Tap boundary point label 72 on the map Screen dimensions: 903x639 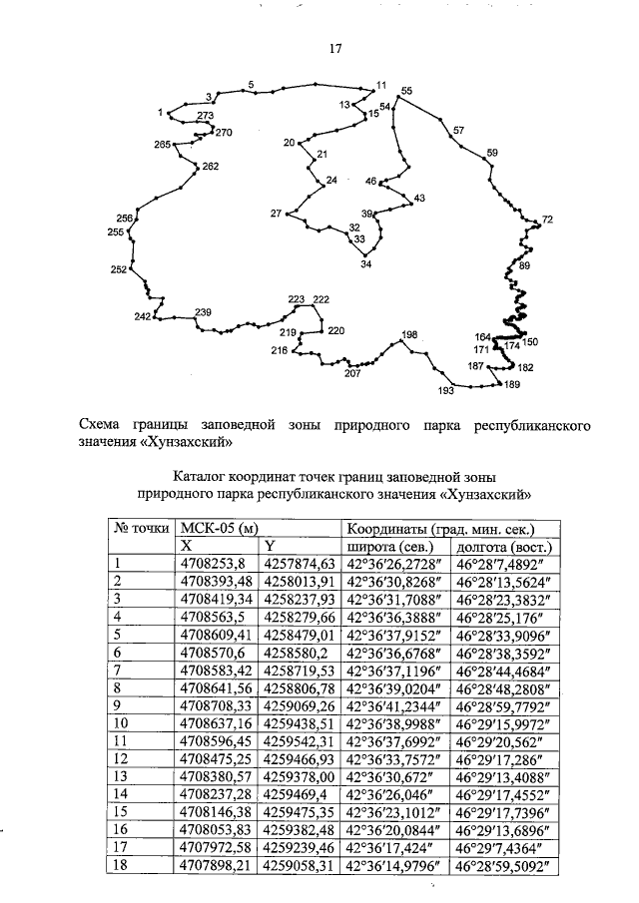pos(547,220)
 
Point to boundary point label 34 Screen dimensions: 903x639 pos(365,264)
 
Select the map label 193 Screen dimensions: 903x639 pos(446,391)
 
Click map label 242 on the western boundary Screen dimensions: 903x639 pos(142,316)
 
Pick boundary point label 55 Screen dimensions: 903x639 pos(406,91)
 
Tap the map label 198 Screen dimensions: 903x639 pos(409,334)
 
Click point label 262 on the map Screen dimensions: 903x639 pos(210,167)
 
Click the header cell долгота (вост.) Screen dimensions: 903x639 pos(504,547)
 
